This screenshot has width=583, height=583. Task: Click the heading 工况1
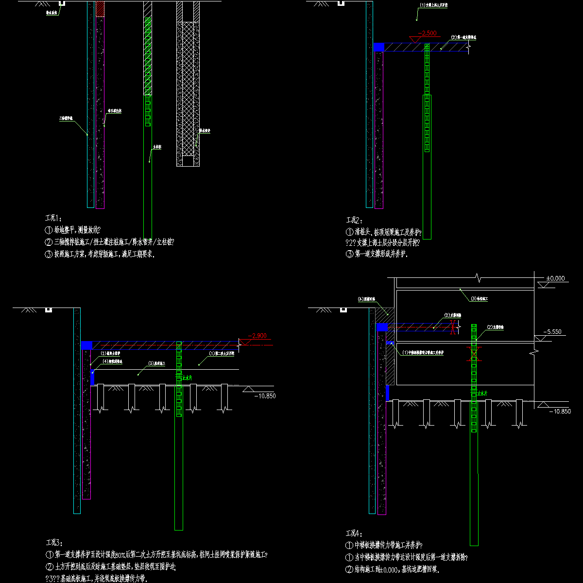click(53, 218)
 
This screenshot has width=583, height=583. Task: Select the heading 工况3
click(53, 543)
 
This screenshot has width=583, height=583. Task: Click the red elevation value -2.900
click(257, 336)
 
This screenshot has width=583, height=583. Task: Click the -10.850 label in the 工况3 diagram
click(265, 396)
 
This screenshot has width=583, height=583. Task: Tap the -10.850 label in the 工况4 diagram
click(560, 412)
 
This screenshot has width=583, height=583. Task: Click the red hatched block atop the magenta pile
click(100, 9)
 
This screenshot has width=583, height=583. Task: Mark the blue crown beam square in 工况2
click(379, 47)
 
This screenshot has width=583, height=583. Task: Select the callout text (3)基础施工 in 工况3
click(156, 363)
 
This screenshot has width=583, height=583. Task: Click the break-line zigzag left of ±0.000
click(479, 278)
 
